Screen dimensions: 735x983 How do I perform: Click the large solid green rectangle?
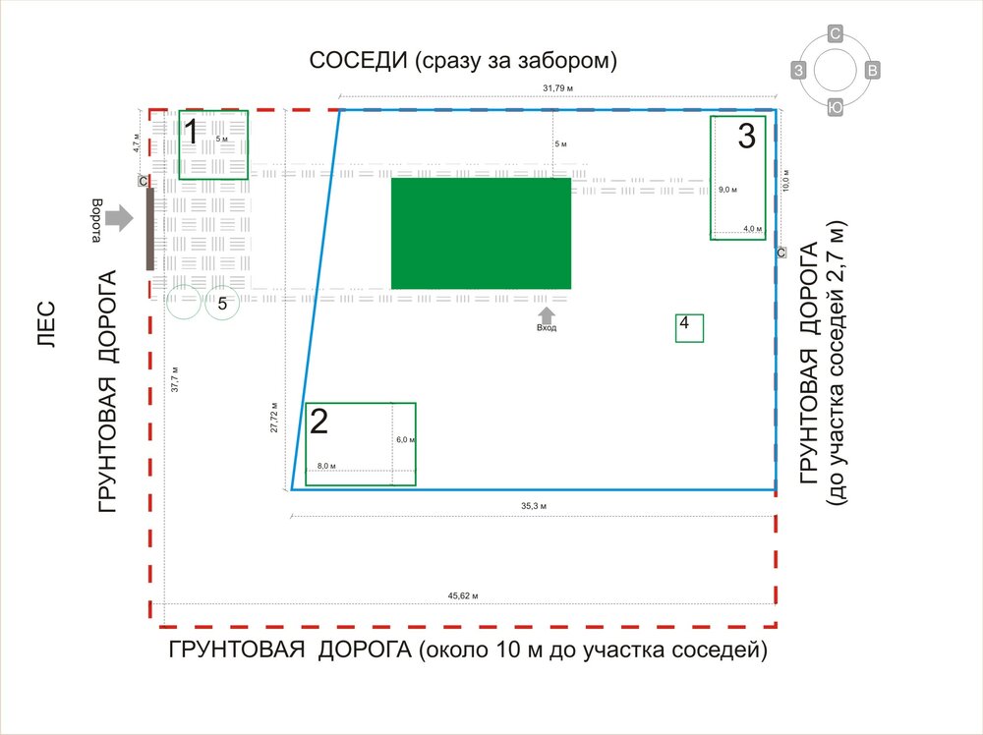pos(481,233)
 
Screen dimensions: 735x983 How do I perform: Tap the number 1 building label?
pos(194,131)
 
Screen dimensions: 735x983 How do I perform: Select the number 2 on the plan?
pos(319,422)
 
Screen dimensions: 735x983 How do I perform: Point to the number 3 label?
pos(747,136)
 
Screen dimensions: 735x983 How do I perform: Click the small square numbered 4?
pos(689,327)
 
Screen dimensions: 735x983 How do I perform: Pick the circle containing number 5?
pos(223,303)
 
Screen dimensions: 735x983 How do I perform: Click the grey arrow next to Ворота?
pos(119,217)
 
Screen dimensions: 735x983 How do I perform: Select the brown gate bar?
pos(149,228)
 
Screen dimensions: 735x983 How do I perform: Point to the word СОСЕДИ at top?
pos(358,61)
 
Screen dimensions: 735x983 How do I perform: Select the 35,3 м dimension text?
pos(534,505)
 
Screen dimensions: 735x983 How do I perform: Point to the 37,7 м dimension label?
pos(175,378)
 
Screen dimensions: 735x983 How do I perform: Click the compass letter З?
pos(800,70)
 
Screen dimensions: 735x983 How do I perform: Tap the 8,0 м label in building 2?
pos(326,465)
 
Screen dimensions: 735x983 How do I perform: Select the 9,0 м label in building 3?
pos(727,189)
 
